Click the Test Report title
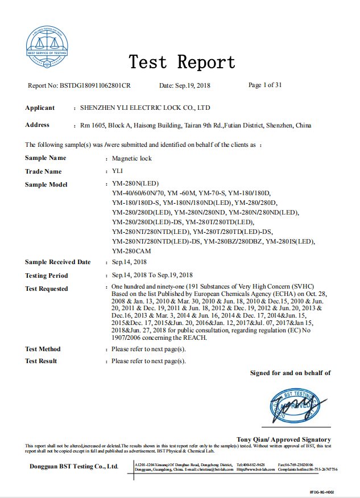(x=181, y=61)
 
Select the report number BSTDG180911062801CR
(x=96, y=86)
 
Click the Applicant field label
(x=40, y=108)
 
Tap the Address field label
(x=37, y=125)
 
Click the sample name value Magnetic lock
(x=132, y=158)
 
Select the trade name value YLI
(x=118, y=171)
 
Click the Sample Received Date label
(x=57, y=262)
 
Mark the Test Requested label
(x=46, y=289)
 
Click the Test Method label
(x=43, y=349)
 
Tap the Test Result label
(x=41, y=361)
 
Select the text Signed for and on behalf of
(x=290, y=373)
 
